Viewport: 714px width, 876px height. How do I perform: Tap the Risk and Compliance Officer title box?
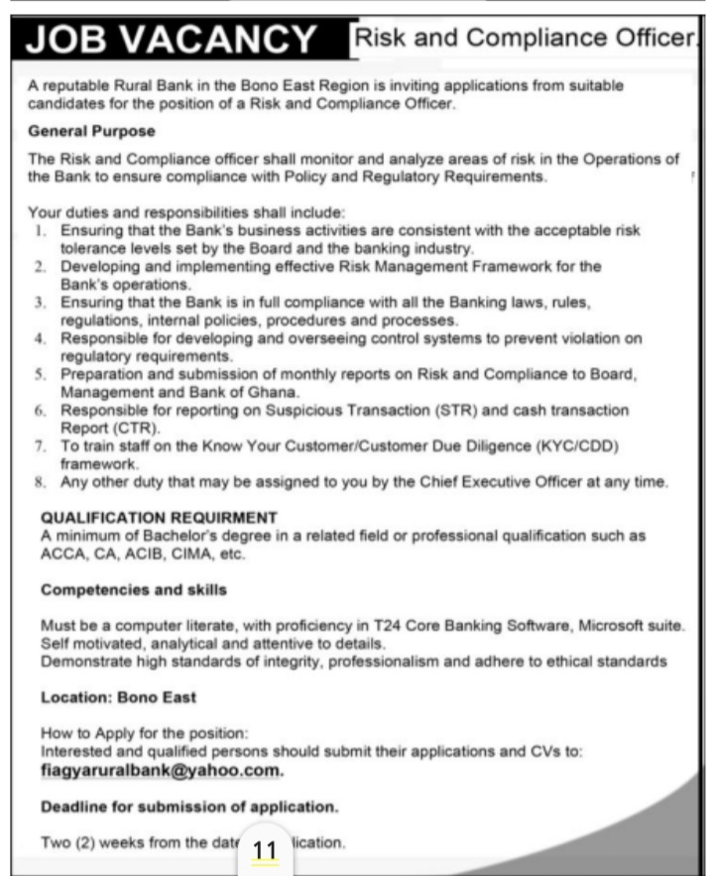[523, 40]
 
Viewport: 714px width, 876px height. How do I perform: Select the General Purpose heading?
[92, 131]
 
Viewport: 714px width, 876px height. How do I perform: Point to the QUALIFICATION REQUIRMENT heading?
[159, 518]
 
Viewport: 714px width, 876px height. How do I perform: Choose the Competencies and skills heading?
[134, 589]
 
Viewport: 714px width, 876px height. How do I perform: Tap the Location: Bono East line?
[118, 697]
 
